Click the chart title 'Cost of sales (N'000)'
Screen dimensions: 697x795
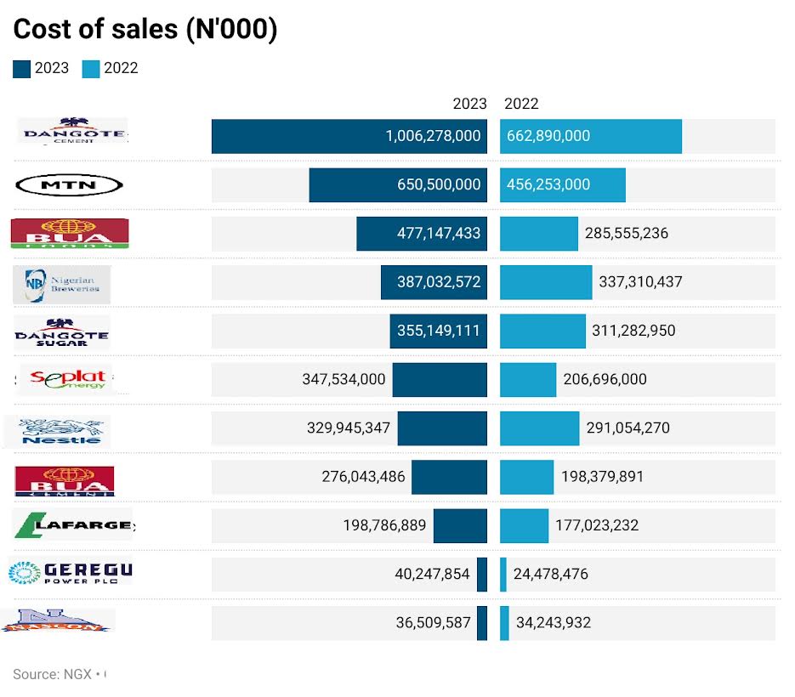[x=145, y=29]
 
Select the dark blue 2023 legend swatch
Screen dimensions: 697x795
[x=22, y=69]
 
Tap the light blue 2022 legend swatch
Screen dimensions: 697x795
[x=91, y=69]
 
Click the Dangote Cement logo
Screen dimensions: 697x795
[x=73, y=132]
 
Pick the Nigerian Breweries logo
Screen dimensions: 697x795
[x=62, y=284]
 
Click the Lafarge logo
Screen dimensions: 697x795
[x=74, y=524]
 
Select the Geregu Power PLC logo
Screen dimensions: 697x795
[x=71, y=572]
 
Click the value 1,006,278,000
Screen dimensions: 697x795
[x=433, y=136]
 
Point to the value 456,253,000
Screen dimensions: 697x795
[x=548, y=184]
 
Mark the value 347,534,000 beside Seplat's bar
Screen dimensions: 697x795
[x=344, y=379]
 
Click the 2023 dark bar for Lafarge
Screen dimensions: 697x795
[x=460, y=525]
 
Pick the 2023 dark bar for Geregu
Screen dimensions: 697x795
[x=482, y=574]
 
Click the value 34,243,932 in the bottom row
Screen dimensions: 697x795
[x=553, y=622]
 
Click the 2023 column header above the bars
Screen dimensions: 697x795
[x=469, y=104]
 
